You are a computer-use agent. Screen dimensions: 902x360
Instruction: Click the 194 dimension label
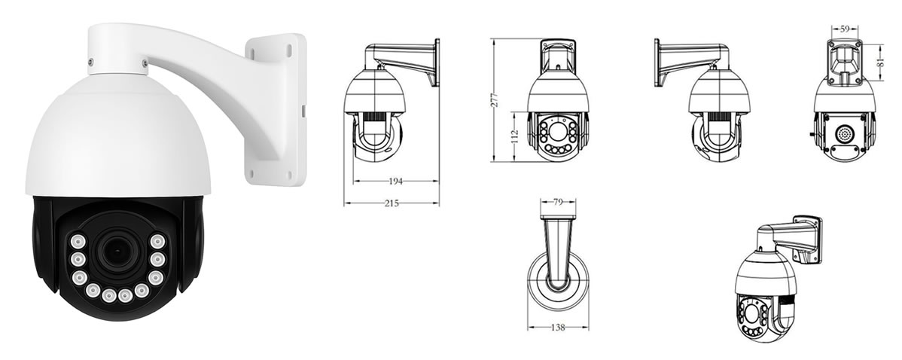pyautogui.click(x=396, y=182)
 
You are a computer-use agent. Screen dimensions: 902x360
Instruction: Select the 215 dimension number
pyautogui.click(x=392, y=203)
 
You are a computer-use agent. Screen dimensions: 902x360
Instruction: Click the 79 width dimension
pyautogui.click(x=557, y=202)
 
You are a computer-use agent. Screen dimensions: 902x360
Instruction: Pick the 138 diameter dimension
pyautogui.click(x=558, y=327)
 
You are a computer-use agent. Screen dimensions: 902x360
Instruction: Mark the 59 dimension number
pyautogui.click(x=845, y=29)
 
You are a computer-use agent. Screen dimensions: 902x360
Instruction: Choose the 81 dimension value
pyautogui.click(x=879, y=61)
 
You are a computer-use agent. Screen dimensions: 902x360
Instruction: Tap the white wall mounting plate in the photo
pyautogui.click(x=276, y=109)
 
